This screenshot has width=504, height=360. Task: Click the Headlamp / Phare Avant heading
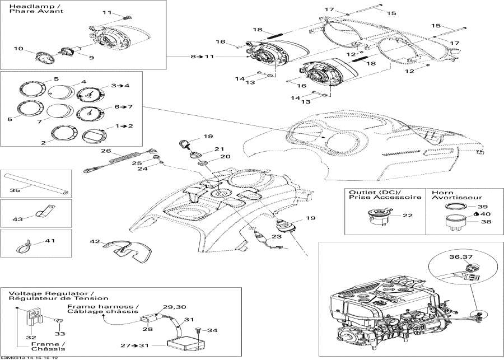click(32, 9)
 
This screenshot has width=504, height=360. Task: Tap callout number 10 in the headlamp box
click(18, 49)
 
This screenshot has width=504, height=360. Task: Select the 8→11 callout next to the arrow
click(202, 57)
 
